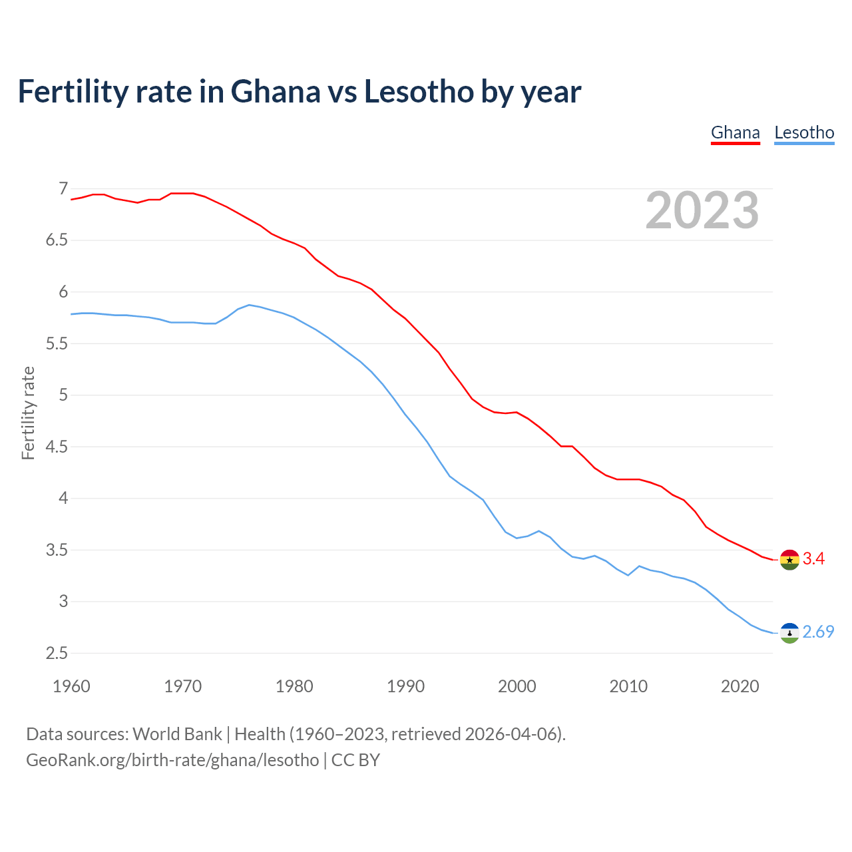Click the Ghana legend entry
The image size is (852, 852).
735,132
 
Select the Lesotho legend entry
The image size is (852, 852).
804,132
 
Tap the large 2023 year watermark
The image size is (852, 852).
702,210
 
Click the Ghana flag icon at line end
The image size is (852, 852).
789,560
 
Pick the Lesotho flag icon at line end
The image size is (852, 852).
789,632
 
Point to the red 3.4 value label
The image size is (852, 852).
813,559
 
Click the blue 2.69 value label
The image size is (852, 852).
818,632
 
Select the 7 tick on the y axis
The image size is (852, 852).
63,189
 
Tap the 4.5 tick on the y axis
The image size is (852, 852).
57,447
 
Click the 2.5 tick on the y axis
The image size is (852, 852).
57,653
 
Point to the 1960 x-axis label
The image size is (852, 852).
71,686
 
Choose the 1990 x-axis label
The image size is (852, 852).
405,686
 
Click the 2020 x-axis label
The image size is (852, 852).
740,686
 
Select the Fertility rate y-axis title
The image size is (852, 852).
28,413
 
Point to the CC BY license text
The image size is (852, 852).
355,760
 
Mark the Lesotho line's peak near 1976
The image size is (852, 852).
249,305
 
